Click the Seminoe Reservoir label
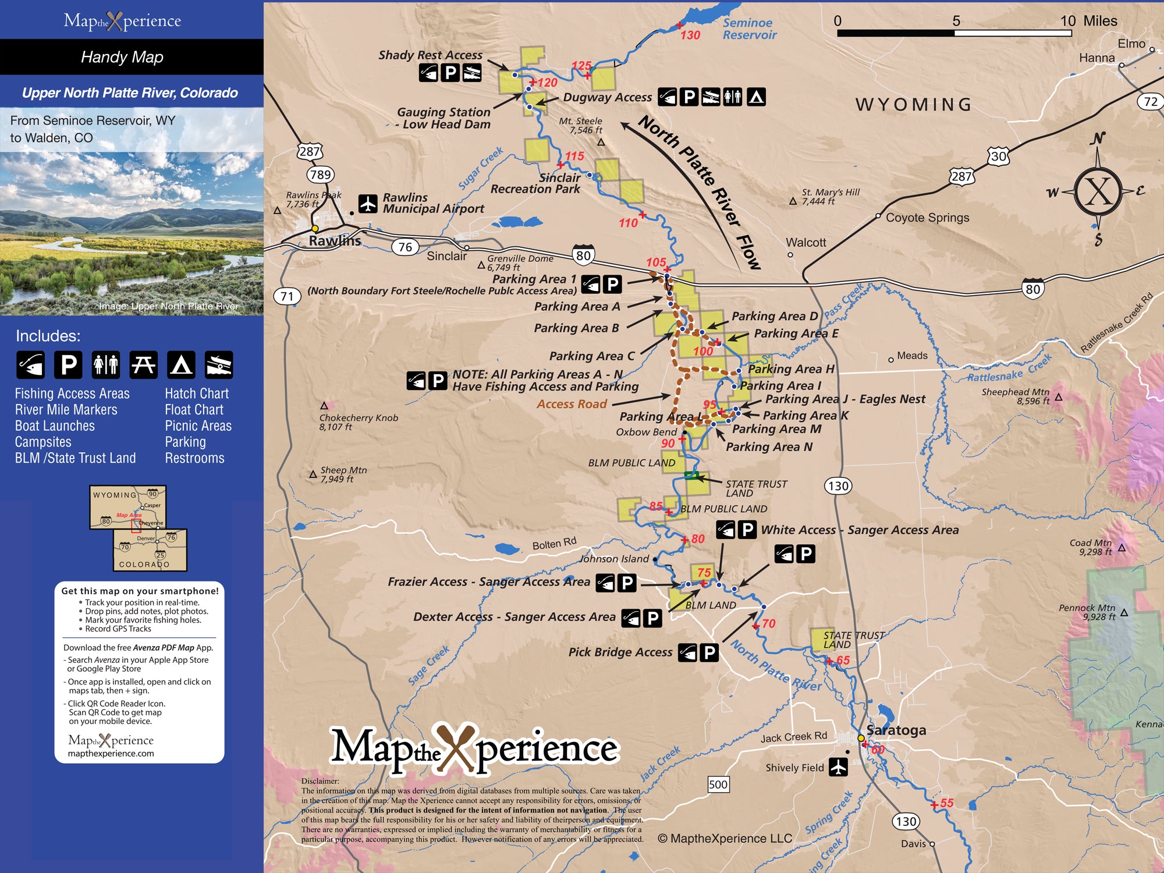tap(749, 29)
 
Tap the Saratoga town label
tap(896, 730)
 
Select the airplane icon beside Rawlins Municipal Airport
tap(368, 204)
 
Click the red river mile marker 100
tap(702, 351)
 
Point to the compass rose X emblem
tap(1098, 191)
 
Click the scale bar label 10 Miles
tap(1088, 21)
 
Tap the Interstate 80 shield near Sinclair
tap(583, 255)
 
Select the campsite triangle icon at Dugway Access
tap(756, 97)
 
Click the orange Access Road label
tap(572, 404)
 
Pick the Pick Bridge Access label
tap(620, 652)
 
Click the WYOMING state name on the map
tap(914, 105)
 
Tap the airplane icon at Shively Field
tap(838, 768)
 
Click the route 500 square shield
tap(718, 785)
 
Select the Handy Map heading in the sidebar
tap(122, 57)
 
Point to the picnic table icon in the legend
tap(143, 365)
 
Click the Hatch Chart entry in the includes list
tap(197, 393)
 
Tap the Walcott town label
tap(805, 243)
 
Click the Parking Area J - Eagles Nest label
tap(845, 399)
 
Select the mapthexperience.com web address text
tap(111, 754)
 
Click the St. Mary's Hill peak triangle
tap(793, 201)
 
